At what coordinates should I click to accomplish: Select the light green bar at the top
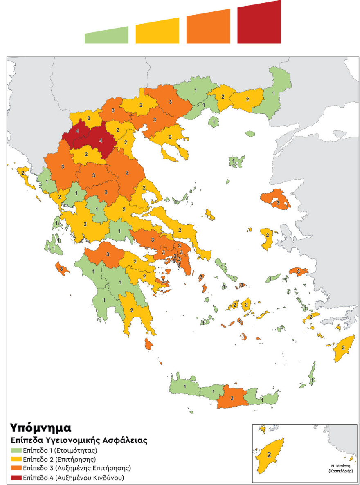tap(106, 36)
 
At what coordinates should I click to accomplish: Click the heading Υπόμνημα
tap(40, 428)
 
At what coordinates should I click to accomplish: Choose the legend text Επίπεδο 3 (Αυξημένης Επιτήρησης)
tap(77, 468)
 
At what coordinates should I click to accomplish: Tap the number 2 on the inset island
tap(269, 454)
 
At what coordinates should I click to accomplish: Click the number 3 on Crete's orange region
tap(232, 398)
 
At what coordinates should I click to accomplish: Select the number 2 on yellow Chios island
tap(267, 235)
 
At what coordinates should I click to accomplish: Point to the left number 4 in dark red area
tap(78, 131)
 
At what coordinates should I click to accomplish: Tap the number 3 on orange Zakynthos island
tap(61, 269)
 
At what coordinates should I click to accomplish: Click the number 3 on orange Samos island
tap(299, 272)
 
